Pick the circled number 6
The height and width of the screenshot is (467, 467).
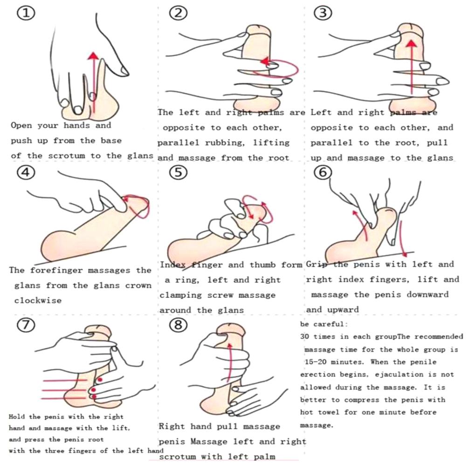click(323, 173)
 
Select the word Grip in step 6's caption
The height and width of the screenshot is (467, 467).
click(316, 264)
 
